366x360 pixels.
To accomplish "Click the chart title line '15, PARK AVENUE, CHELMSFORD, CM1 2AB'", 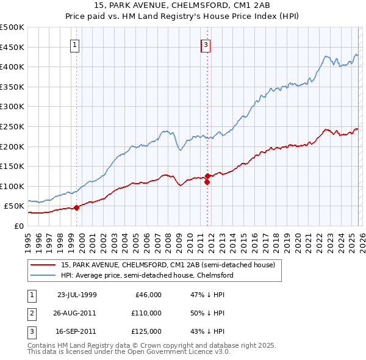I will (x=183, y=6).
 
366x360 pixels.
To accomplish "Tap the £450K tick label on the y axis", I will (x=12, y=47).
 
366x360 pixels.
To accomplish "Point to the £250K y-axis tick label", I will (x=12, y=126).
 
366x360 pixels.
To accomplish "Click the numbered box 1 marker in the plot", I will (x=74, y=45).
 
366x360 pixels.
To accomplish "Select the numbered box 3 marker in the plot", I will (x=206, y=45).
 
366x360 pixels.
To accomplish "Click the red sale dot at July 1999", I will (x=77, y=207).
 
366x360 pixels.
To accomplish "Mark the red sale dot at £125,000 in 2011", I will (x=207, y=176).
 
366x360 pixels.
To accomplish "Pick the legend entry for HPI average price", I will (x=147, y=275).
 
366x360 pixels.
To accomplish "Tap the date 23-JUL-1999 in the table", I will (x=77, y=294).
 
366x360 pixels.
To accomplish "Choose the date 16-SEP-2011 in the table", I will (x=77, y=331).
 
